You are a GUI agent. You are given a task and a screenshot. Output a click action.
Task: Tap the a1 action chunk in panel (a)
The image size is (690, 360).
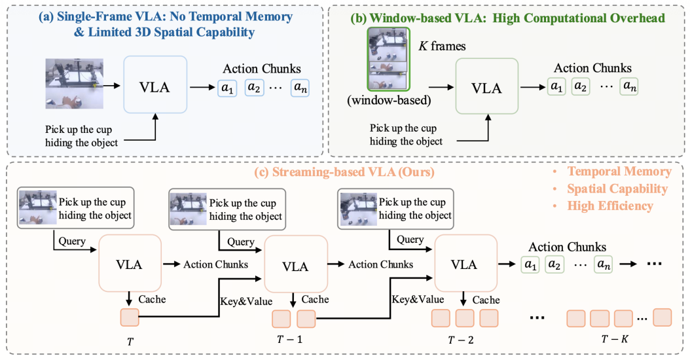pos(227,88)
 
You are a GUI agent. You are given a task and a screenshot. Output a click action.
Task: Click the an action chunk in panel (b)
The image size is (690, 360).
pos(629,86)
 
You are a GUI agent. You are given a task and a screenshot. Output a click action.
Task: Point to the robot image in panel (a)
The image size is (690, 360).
pos(75,84)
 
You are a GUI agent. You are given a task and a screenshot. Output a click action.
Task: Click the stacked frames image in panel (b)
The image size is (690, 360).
pos(389,59)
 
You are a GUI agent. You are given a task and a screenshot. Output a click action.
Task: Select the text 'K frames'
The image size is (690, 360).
pos(442,46)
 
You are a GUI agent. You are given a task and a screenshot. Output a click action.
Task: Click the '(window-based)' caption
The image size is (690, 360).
pos(389,100)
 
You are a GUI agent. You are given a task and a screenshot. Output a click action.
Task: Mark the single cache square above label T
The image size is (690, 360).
pos(130,317)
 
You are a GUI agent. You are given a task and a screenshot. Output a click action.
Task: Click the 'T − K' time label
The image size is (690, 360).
pos(615,339)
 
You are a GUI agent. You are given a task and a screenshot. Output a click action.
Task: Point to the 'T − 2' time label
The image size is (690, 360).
pos(461,340)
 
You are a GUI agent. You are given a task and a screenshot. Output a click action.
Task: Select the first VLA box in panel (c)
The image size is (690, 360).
pos(130,264)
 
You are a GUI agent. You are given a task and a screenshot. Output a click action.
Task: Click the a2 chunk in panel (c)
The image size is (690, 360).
pos(554,264)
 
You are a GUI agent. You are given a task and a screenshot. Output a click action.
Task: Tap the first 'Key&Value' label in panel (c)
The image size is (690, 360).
pos(246,302)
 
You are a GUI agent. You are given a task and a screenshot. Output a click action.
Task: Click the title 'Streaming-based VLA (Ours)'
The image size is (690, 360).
pos(344,171)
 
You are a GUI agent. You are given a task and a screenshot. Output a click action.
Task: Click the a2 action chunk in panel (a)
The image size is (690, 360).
pos(255,88)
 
